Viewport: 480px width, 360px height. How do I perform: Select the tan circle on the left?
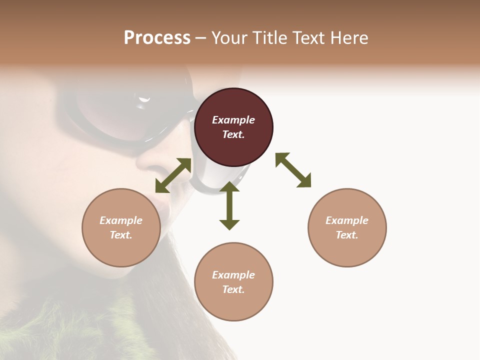pos(121,227)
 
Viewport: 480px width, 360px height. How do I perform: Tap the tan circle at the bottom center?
pos(233,282)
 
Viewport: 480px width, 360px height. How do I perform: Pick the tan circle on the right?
pos(347,227)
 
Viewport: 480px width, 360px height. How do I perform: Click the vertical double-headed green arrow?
pos(229,206)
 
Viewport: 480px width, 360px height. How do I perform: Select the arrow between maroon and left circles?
pos(173,175)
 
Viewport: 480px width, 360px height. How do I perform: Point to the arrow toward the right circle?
pos(293,170)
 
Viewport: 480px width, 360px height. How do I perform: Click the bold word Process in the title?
pos(157,38)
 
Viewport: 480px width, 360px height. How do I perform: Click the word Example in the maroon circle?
pos(233,120)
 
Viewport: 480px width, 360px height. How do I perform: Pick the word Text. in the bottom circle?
pos(233,289)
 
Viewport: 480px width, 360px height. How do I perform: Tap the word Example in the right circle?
pos(347,220)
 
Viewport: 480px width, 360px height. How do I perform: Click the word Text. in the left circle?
pos(121,235)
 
